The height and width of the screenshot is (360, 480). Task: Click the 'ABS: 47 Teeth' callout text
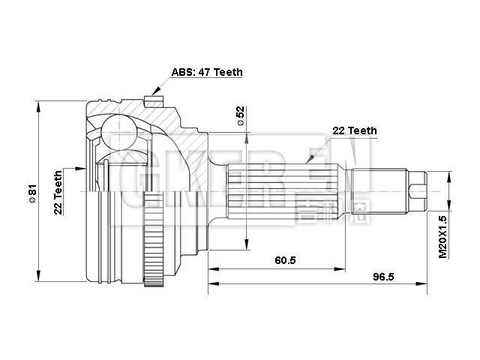207,73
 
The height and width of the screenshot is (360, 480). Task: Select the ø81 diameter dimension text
31,193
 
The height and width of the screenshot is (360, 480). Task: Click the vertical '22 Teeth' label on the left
58,193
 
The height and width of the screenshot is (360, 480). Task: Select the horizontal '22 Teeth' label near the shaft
354,130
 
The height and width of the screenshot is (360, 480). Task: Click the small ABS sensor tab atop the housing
156,94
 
